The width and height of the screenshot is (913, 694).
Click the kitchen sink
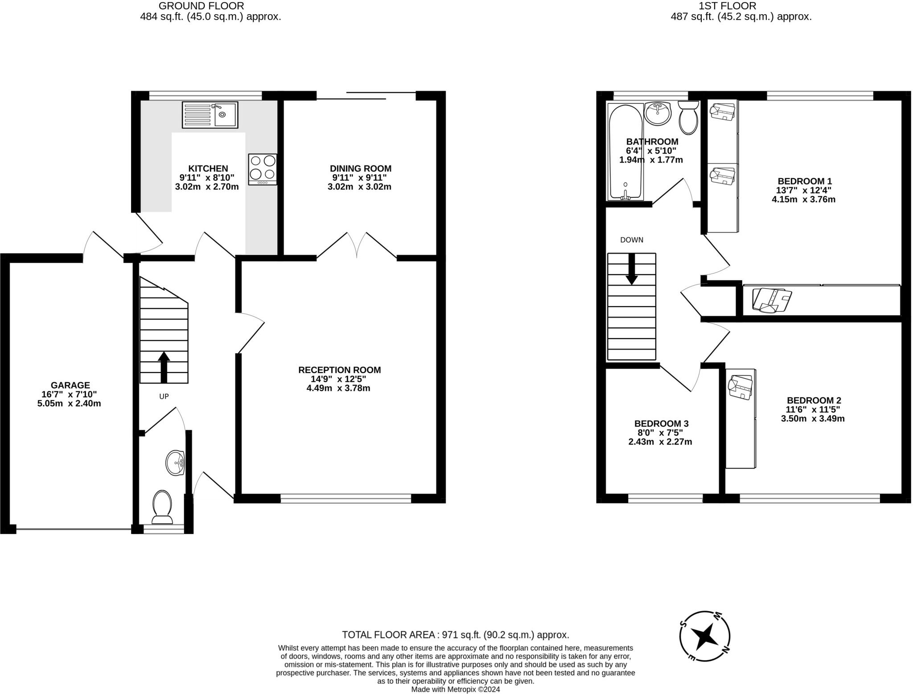210,114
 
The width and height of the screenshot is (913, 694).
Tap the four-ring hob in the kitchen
263,169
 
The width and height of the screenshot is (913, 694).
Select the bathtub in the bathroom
625,152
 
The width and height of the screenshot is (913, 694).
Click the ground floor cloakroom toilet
162,507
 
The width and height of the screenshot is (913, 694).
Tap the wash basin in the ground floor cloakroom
175,463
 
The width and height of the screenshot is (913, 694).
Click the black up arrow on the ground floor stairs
164,367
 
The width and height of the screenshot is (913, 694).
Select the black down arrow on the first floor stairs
631,269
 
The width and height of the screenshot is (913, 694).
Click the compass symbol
705,636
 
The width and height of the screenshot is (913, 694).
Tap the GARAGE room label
70,385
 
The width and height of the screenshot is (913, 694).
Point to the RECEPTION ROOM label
339,370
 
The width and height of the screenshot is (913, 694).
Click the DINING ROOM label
361,168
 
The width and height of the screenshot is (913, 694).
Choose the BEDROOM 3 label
662,423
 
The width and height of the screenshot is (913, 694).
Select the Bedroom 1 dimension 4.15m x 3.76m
803,200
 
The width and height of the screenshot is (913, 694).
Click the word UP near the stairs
164,396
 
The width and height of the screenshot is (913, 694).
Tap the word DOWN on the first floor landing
632,240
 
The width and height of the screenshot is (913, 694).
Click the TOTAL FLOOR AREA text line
456,635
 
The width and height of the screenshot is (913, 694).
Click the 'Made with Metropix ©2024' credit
456,689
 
